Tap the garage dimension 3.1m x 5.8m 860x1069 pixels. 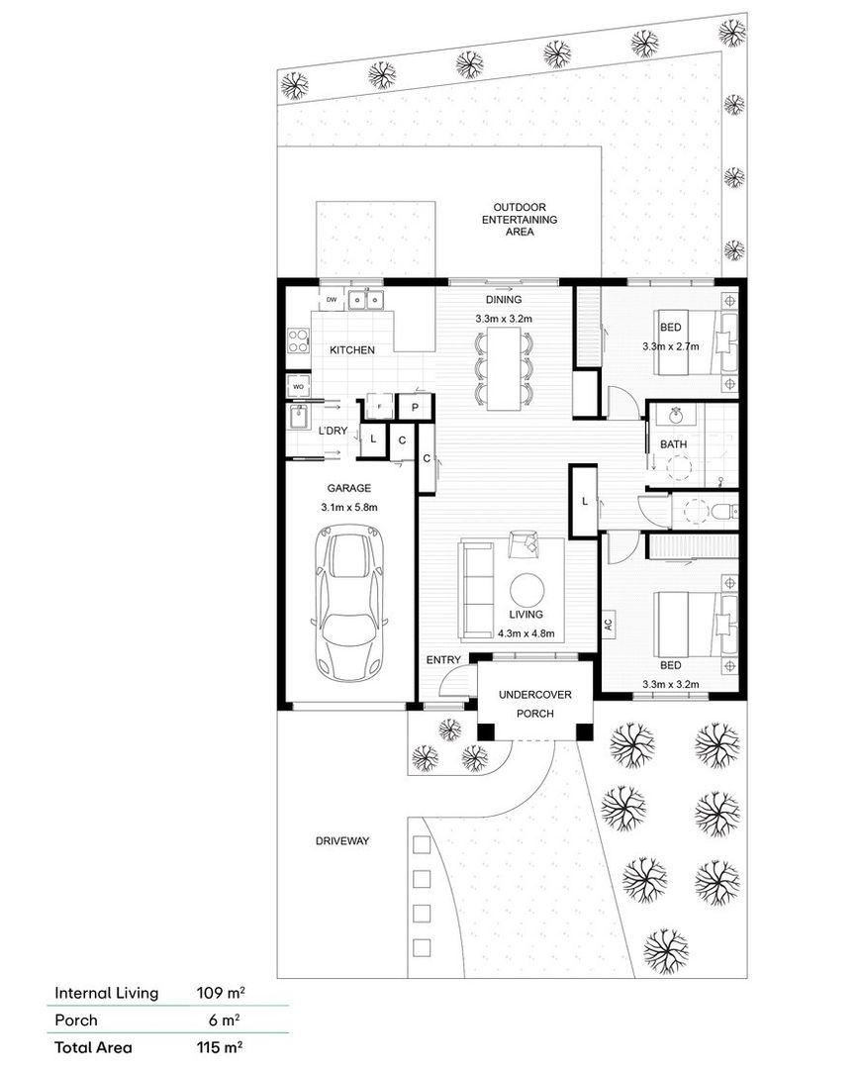[x=348, y=507]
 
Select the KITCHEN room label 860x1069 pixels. [x=351, y=350]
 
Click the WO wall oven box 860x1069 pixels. [x=298, y=385]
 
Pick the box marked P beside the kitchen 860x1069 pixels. [x=415, y=407]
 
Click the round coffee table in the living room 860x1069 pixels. [x=526, y=590]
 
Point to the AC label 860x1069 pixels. [x=609, y=624]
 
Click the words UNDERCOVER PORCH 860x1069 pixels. [x=534, y=704]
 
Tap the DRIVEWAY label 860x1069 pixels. [x=342, y=841]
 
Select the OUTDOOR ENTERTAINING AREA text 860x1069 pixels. [x=519, y=220]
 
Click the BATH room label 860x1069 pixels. [x=674, y=444]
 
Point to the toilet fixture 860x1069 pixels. [x=722, y=511]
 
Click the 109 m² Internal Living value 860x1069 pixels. [x=221, y=993]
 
